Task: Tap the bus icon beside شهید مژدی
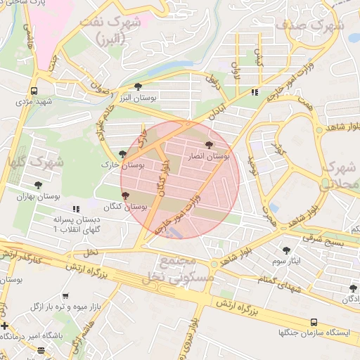(x=34, y=91)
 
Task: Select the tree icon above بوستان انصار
(x=207, y=144)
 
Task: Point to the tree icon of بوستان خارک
(x=123, y=153)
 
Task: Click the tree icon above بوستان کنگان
(x=126, y=195)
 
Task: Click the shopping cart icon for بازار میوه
(x=65, y=297)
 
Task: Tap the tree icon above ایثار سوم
(x=285, y=250)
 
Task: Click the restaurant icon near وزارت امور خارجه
(x=254, y=91)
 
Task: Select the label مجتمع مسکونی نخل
(x=175, y=269)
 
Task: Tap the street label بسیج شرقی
(x=325, y=240)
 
